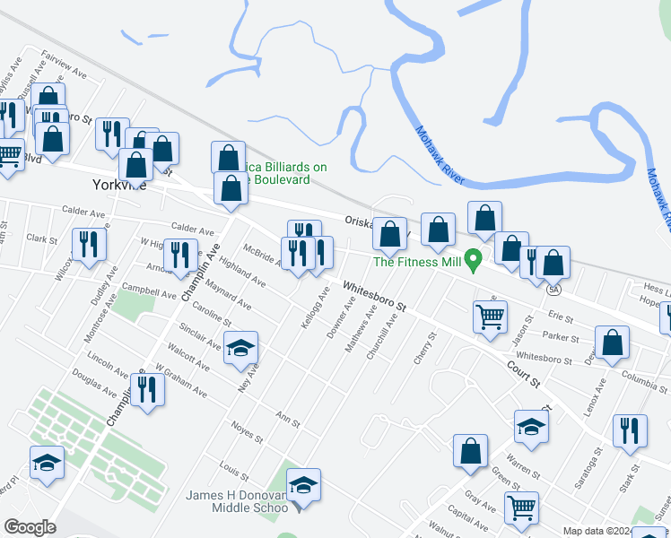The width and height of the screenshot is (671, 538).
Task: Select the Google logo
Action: coord(30,526)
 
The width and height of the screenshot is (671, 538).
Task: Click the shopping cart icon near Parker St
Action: coord(491,316)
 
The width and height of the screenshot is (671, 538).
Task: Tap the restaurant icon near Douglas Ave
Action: coord(148,390)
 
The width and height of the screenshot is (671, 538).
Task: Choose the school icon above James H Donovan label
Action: coord(303,484)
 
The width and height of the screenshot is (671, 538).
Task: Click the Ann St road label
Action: coord(287,420)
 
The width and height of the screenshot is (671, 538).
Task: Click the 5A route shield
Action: coord(554,290)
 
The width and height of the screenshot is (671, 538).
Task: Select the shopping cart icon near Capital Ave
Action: coord(521,507)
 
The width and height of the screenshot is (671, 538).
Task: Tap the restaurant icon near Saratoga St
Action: coord(631,430)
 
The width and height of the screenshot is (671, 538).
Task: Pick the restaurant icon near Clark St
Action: coord(88,244)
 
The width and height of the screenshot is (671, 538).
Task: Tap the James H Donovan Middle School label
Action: coord(236,501)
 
